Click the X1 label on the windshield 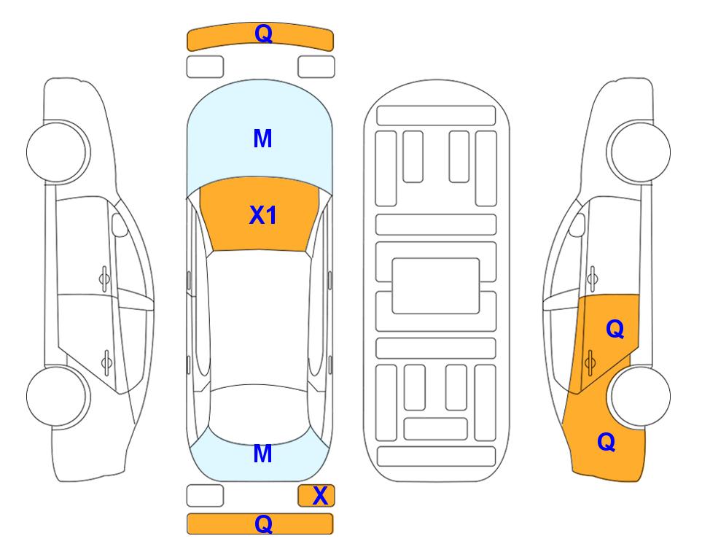263,215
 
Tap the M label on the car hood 262,139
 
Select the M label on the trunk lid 262,454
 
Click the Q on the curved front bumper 263,34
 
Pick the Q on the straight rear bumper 263,524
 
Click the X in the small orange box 320,496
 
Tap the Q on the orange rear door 615,330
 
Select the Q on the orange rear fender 607,442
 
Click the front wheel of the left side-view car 57,152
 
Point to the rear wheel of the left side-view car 57,397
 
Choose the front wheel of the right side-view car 640,152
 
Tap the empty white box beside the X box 205,496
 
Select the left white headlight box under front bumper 205,67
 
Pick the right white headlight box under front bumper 316,67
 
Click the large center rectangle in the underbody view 436,286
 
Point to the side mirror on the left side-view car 119,225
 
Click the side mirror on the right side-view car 577,225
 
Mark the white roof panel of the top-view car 260,318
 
